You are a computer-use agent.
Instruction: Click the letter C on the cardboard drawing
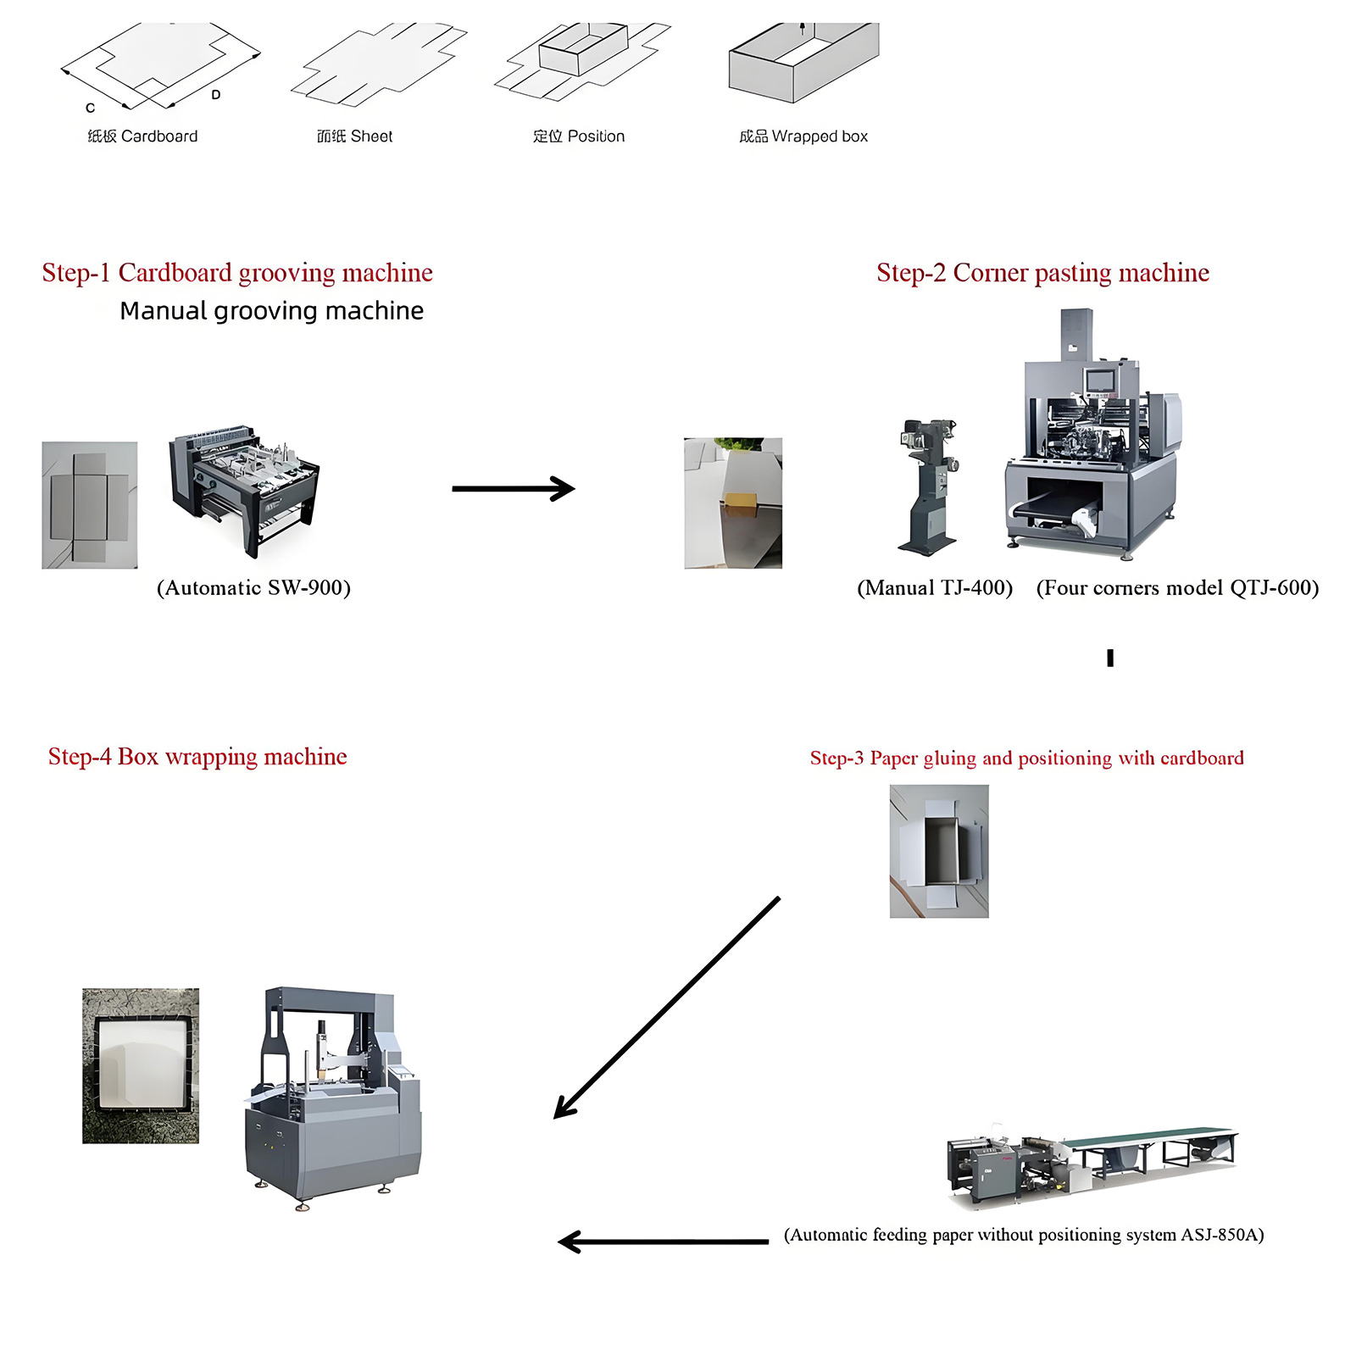(91, 108)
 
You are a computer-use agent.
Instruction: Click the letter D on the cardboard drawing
(216, 95)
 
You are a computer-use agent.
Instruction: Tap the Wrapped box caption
(803, 136)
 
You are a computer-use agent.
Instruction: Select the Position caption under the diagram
(578, 136)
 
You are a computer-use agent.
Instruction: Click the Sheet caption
(354, 136)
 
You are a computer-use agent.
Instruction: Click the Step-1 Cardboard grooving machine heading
(237, 273)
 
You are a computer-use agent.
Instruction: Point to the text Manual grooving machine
(271, 311)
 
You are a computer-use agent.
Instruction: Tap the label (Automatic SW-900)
(253, 588)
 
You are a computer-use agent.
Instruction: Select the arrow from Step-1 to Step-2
(514, 488)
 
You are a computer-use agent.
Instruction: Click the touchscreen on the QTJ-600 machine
(1100, 379)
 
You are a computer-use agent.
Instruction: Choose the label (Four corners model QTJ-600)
(1177, 588)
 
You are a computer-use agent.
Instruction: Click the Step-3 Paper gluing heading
(1026, 758)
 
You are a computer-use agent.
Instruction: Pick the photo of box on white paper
(938, 851)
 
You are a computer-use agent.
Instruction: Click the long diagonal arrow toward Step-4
(666, 1009)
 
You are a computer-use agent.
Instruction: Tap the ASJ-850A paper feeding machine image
(1091, 1164)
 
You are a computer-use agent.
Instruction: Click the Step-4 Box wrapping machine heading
(197, 757)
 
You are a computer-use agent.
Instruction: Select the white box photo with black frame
(141, 1065)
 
